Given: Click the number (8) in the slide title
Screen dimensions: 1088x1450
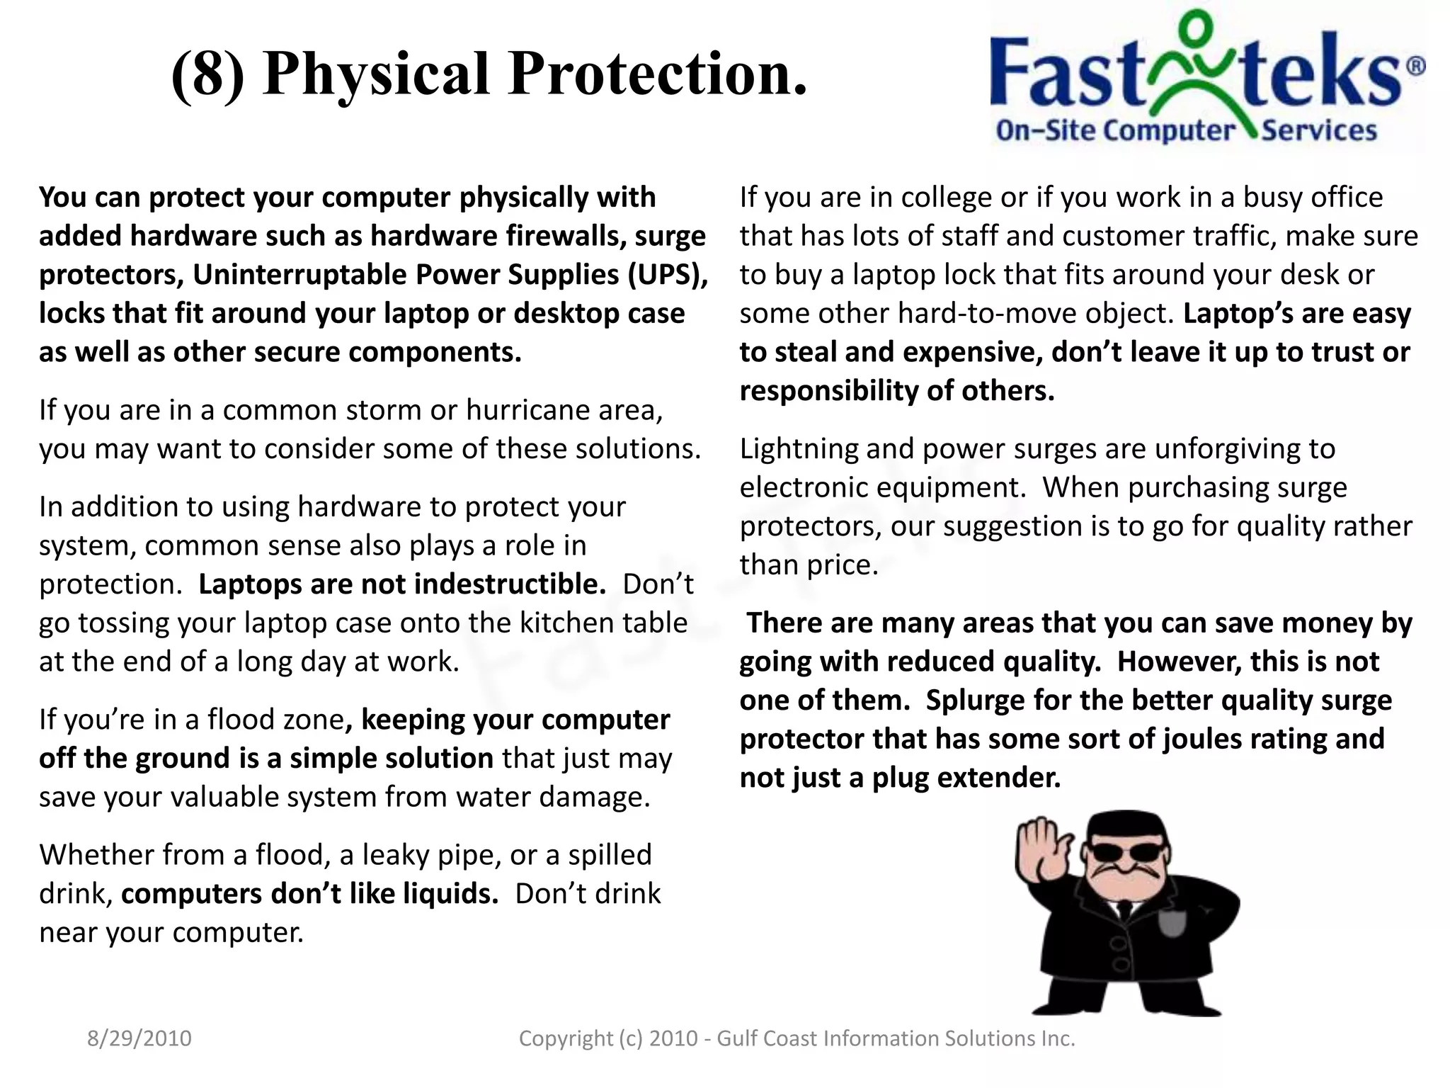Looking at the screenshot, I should coord(208,74).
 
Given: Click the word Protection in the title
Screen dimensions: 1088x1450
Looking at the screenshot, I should coord(657,74).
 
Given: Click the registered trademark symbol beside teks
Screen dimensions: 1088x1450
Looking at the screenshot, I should coord(1415,67).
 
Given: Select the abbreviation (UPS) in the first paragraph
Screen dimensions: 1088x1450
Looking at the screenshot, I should coord(668,275).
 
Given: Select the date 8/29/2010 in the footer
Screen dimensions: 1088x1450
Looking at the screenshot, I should coord(139,1038).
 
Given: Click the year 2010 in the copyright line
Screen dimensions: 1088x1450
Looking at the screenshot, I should coord(673,1038).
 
